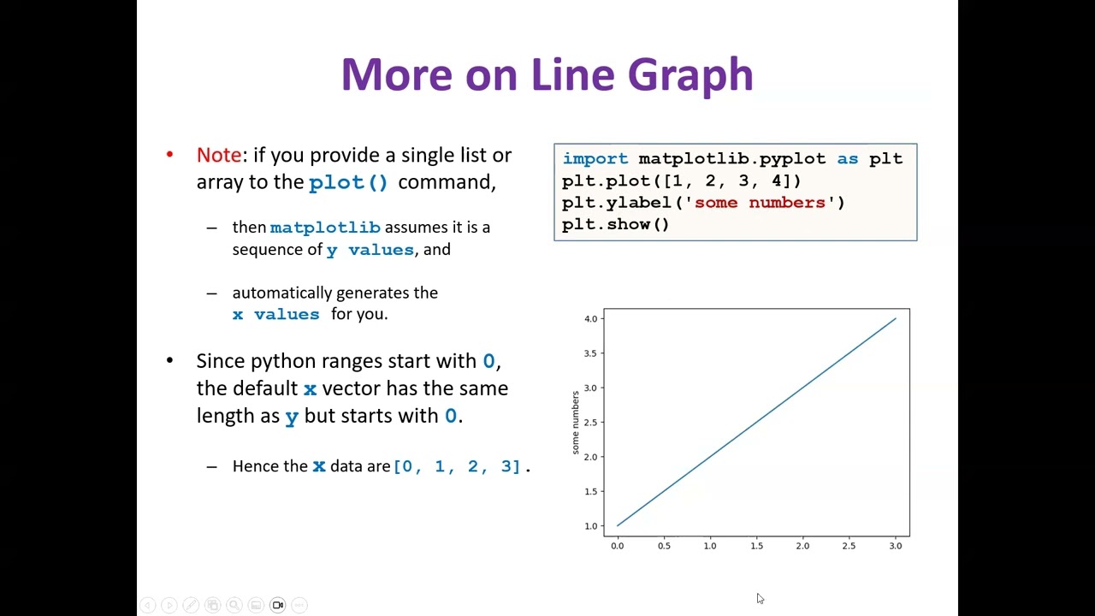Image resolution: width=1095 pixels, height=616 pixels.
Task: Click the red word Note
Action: (219, 155)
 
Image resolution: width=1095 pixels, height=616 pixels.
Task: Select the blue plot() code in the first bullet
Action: (348, 182)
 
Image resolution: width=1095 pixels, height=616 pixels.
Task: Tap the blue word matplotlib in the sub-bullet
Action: (325, 228)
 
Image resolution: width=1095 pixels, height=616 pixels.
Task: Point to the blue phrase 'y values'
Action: (370, 250)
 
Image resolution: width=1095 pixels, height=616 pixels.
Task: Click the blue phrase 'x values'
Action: (275, 314)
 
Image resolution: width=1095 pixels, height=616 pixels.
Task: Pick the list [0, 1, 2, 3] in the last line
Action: (457, 466)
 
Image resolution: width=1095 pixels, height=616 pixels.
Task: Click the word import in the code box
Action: (595, 158)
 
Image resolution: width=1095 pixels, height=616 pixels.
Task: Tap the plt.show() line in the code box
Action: (615, 224)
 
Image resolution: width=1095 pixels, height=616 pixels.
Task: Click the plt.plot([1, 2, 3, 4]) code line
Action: (681, 181)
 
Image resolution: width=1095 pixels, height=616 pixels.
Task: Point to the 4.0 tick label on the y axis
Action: (590, 319)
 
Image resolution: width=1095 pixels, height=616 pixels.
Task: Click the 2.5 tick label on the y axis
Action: (590, 423)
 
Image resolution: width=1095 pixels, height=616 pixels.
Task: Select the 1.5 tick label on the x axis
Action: (756, 546)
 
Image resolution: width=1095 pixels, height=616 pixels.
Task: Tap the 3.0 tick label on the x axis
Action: (895, 546)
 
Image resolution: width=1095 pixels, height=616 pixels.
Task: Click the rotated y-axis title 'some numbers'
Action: (576, 422)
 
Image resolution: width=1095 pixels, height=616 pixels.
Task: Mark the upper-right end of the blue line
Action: (895, 319)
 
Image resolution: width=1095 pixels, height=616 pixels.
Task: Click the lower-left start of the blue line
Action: (619, 525)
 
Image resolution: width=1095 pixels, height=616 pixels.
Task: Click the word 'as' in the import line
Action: (847, 158)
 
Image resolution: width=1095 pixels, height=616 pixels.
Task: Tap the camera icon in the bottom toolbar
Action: (277, 605)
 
